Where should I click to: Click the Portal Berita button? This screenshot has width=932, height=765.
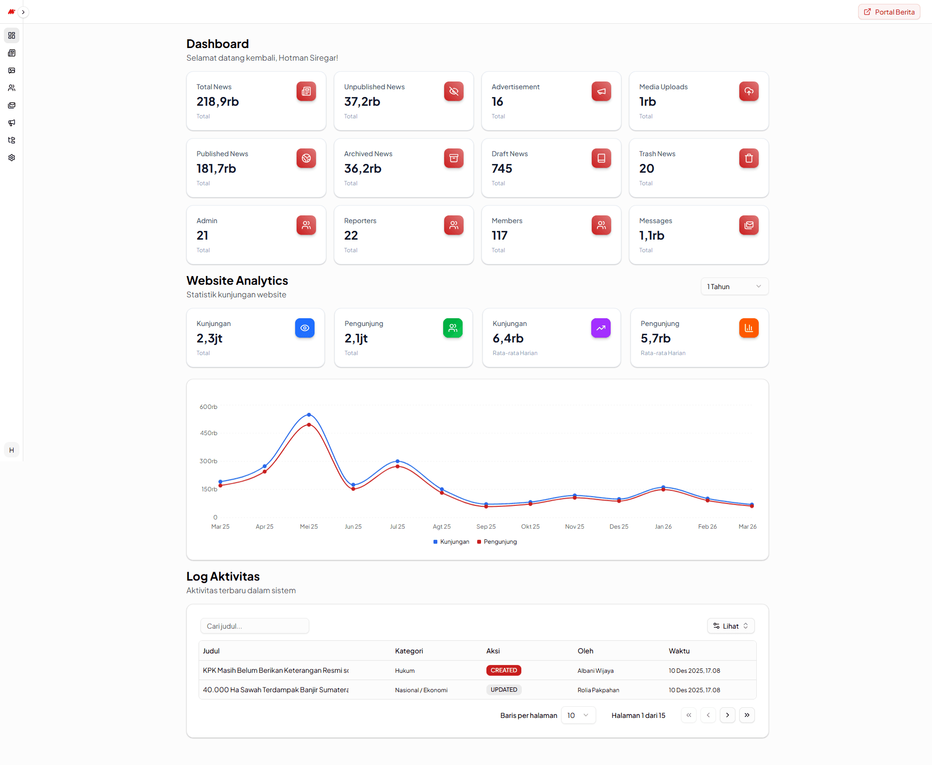coord(889,12)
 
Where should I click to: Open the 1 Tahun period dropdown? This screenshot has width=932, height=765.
coord(734,287)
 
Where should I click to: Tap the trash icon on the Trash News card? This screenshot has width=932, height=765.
coord(749,158)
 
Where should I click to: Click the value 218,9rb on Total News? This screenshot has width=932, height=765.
coord(217,102)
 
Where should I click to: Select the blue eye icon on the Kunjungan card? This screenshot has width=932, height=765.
coord(304,328)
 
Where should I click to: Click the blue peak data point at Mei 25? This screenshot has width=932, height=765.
coord(309,415)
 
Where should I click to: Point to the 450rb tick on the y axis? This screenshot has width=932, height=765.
coord(209,433)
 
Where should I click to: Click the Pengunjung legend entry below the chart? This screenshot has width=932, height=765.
coord(497,542)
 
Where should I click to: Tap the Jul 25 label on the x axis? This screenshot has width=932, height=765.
coord(397,527)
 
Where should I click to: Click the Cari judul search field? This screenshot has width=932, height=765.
coord(254,626)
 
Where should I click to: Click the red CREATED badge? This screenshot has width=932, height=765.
coord(503,670)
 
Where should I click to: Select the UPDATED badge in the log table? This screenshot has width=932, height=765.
coord(503,690)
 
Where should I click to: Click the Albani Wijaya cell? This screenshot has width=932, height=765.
coord(595,671)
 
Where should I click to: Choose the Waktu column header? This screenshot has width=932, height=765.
coord(679,651)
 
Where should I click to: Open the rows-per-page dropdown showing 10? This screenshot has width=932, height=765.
coord(578,716)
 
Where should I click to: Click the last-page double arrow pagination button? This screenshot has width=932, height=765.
coord(747,716)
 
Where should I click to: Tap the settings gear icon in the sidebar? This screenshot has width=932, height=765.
coord(12,158)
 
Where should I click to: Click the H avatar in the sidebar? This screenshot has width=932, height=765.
coord(12,450)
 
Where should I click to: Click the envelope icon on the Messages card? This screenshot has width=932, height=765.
coord(749,225)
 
